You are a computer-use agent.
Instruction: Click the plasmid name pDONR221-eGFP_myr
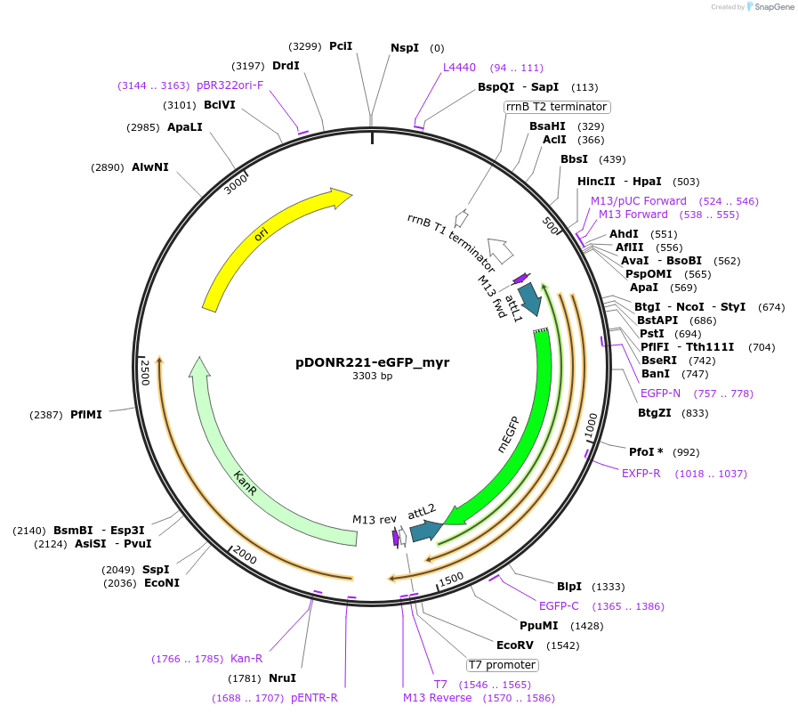pos(372,362)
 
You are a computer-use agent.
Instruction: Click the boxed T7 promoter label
pos(502,665)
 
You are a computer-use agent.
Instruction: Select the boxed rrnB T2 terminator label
pos(556,107)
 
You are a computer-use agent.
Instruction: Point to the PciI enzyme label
pos(341,46)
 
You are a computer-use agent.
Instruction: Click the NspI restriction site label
pos(405,48)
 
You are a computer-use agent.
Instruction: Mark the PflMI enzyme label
pos(86,415)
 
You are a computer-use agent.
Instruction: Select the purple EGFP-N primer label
pos(660,393)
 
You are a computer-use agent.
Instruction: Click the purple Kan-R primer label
pos(246,659)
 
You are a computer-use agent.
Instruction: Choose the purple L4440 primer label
pos(460,67)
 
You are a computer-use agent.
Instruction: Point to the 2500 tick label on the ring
pos(145,372)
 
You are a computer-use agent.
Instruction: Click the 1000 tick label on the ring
pos(592,426)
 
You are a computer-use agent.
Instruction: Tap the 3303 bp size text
pos(372,376)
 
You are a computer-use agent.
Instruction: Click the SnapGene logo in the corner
pos(770,7)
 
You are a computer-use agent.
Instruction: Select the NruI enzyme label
pos(282,678)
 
